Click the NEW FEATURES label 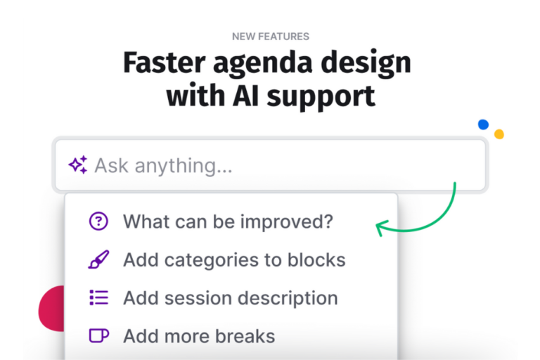tap(270, 37)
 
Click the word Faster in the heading tap(165, 63)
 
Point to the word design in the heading tap(366, 65)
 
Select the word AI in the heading tap(245, 96)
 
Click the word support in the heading tap(321, 98)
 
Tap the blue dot tap(483, 124)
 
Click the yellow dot tap(499, 134)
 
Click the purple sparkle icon tap(78, 165)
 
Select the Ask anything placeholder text tap(164, 166)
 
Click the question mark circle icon tap(98, 221)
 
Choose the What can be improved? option tap(228, 222)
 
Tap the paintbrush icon tap(98, 259)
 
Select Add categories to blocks tap(234, 259)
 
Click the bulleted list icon tap(99, 297)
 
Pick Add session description tap(231, 298)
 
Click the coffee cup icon tap(99, 336)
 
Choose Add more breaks tap(199, 336)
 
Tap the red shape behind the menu tap(51, 309)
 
